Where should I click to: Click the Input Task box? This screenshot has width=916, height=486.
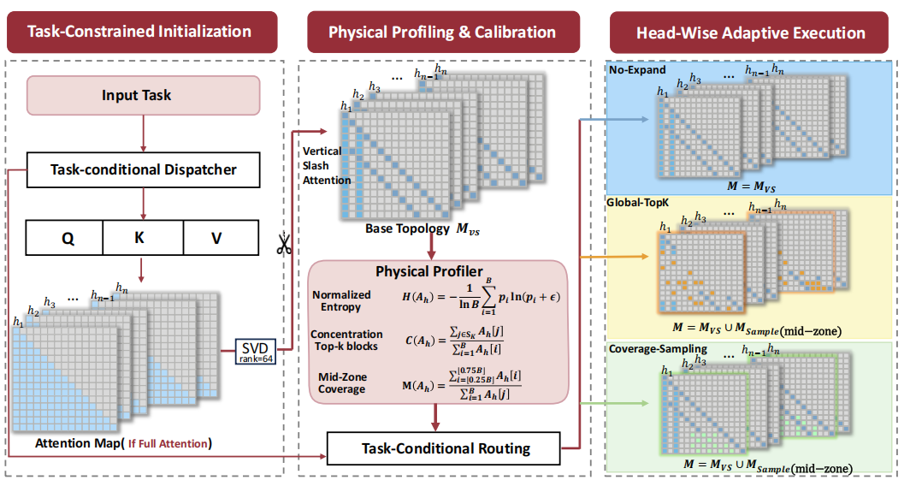pos(143,95)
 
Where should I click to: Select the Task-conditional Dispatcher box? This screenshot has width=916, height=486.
pos(143,170)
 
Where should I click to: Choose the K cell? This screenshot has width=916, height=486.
pos(143,238)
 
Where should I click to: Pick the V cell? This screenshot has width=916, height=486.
pos(221,238)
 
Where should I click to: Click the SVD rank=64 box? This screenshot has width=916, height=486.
pos(255,352)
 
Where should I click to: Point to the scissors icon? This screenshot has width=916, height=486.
pos(284,244)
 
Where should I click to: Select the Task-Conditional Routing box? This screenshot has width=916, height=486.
pos(443,448)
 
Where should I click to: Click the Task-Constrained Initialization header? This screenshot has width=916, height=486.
pos(142,32)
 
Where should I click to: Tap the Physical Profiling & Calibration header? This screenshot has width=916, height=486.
pos(443,33)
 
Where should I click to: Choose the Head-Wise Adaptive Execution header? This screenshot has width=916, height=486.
pos(749,33)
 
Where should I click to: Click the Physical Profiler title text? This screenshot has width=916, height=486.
pos(429,271)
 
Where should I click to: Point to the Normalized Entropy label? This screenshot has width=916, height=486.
pos(341,301)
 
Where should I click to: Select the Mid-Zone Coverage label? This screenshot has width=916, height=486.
pos(342,383)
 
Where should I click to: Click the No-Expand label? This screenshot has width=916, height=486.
pos(637,70)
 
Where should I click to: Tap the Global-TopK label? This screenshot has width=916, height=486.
pos(637,203)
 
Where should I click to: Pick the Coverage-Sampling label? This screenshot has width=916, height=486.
pos(658,349)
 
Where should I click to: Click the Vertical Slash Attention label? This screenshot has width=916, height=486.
pos(326,166)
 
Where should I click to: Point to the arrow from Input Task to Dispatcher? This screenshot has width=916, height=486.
pos(143,133)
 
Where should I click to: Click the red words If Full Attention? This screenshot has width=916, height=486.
pos(168,444)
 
